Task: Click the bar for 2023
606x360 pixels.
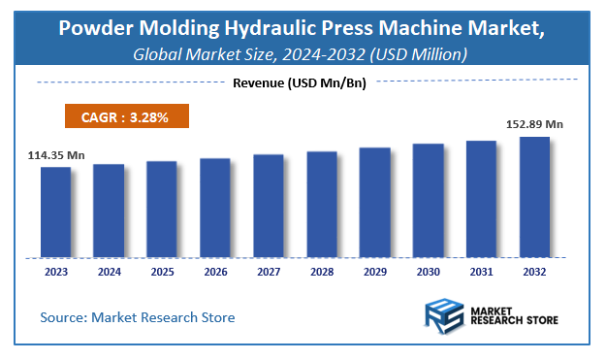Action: [55, 212]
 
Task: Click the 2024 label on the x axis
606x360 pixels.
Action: [109, 273]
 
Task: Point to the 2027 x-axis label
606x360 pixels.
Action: [269, 273]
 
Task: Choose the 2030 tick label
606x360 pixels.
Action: [428, 273]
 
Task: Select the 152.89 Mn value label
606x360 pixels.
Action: [534, 123]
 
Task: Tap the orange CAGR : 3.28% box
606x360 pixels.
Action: [126, 117]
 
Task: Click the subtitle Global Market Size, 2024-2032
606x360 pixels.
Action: [301, 53]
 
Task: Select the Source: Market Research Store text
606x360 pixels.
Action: [138, 317]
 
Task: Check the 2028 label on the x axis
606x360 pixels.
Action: [322, 273]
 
